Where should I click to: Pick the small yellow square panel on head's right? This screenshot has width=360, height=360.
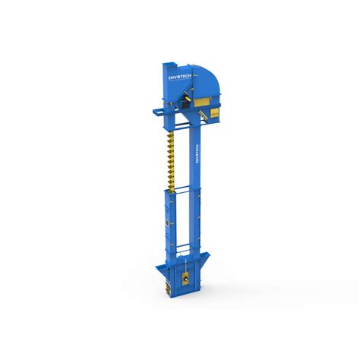click(215, 113)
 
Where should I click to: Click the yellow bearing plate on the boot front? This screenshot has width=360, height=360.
click(185, 277)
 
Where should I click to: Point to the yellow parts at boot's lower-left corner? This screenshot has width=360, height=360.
click(166, 286)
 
